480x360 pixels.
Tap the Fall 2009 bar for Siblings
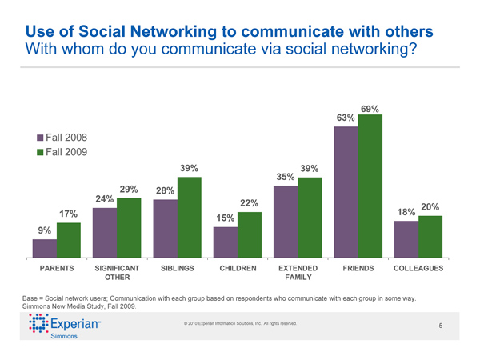189,214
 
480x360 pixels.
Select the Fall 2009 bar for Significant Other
129,225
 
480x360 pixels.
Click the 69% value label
370,108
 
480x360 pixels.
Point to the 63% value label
346,118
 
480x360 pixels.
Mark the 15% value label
225,218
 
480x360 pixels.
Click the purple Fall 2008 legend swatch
39,138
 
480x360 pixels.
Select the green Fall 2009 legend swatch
39,152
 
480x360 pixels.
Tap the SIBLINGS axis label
177,268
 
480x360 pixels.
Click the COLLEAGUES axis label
414,268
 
